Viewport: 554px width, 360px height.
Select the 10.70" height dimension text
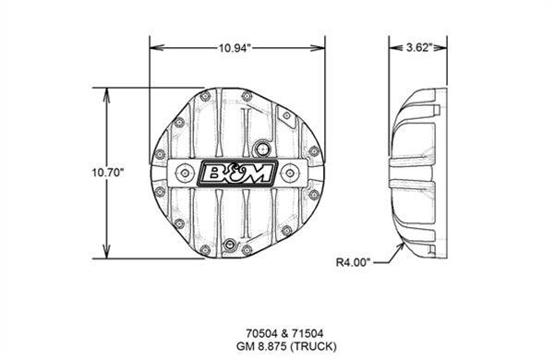click(x=108, y=172)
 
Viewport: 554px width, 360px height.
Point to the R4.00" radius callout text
click(x=352, y=262)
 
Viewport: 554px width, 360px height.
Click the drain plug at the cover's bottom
click(x=230, y=246)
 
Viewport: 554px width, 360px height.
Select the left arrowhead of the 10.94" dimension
click(x=154, y=46)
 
